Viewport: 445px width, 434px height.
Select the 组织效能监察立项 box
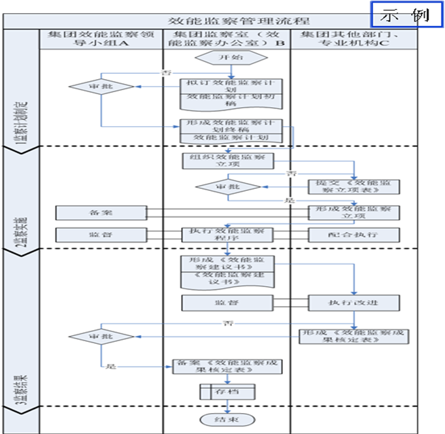click(x=227, y=161)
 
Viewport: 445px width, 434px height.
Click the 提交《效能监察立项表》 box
click(x=354, y=186)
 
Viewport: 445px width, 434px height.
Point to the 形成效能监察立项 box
click(x=354, y=212)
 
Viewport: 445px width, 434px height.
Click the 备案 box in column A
click(x=101, y=212)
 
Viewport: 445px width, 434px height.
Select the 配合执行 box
click(x=354, y=234)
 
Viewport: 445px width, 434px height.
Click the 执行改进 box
click(x=354, y=303)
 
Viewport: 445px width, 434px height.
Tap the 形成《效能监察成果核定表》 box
click(x=354, y=336)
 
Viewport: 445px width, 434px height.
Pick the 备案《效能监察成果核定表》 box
click(x=227, y=366)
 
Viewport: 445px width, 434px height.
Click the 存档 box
click(x=227, y=392)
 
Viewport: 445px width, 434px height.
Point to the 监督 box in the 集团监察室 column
click(x=227, y=303)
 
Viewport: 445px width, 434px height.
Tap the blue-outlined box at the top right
click(x=405, y=14)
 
